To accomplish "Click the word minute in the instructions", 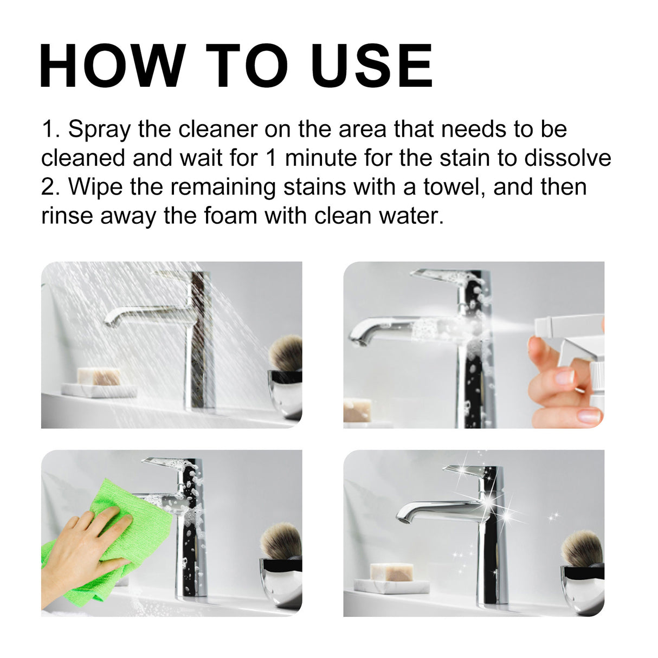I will [x=320, y=158].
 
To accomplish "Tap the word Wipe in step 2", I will [x=95, y=187].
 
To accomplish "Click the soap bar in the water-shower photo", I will [x=98, y=376].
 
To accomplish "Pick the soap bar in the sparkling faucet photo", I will [x=391, y=571].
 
